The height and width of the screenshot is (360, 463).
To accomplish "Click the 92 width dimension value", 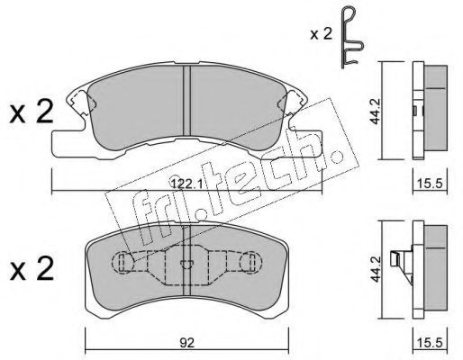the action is [186, 343].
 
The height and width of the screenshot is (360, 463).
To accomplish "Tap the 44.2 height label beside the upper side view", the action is [375, 111].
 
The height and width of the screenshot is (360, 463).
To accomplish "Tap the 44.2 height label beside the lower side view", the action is [375, 269].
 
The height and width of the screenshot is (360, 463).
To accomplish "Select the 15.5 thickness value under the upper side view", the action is [430, 183].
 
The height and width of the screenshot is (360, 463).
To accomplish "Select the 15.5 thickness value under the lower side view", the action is [430, 343].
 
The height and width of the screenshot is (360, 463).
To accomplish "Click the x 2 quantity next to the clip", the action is [322, 34].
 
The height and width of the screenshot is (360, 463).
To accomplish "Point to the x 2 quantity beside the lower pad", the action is [32, 269].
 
